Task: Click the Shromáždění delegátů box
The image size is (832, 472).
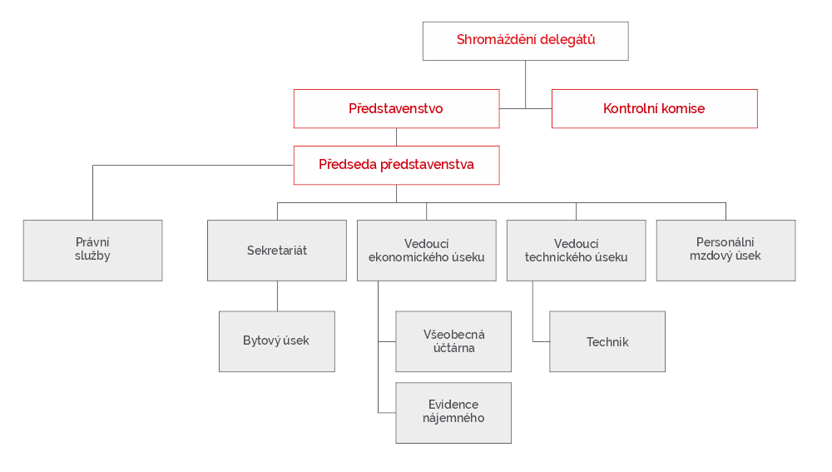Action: (525, 41)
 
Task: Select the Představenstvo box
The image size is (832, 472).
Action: (396, 108)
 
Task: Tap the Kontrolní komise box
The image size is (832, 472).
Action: (654, 108)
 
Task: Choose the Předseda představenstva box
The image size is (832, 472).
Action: (396, 165)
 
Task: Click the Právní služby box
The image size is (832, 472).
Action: (92, 250)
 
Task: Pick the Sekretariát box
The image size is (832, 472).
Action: (276, 250)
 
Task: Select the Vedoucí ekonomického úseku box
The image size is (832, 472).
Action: (426, 250)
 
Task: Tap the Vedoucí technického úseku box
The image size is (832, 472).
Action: (576, 250)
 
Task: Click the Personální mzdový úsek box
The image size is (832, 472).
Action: (725, 250)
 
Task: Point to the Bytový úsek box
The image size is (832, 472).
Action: (276, 341)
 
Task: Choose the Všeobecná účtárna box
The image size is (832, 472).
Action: (453, 341)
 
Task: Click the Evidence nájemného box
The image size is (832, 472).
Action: (453, 412)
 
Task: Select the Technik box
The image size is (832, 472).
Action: (607, 341)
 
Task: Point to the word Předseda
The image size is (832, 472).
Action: (348, 165)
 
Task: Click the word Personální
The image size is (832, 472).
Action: (725, 242)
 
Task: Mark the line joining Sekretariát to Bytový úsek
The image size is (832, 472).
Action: (277, 296)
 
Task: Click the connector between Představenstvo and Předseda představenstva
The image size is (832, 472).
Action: (396, 137)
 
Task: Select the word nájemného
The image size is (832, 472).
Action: (453, 419)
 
